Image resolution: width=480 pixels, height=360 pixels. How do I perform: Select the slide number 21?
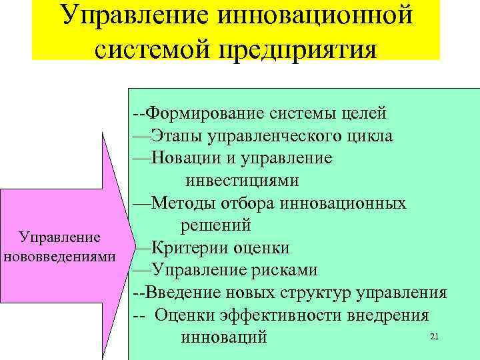point(435,337)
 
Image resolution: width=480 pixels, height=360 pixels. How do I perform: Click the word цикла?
point(370,137)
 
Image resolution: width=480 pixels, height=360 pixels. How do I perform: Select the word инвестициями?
point(242,181)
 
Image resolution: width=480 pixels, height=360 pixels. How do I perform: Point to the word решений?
point(215,225)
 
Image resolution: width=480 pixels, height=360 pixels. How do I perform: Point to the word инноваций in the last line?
point(223,337)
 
